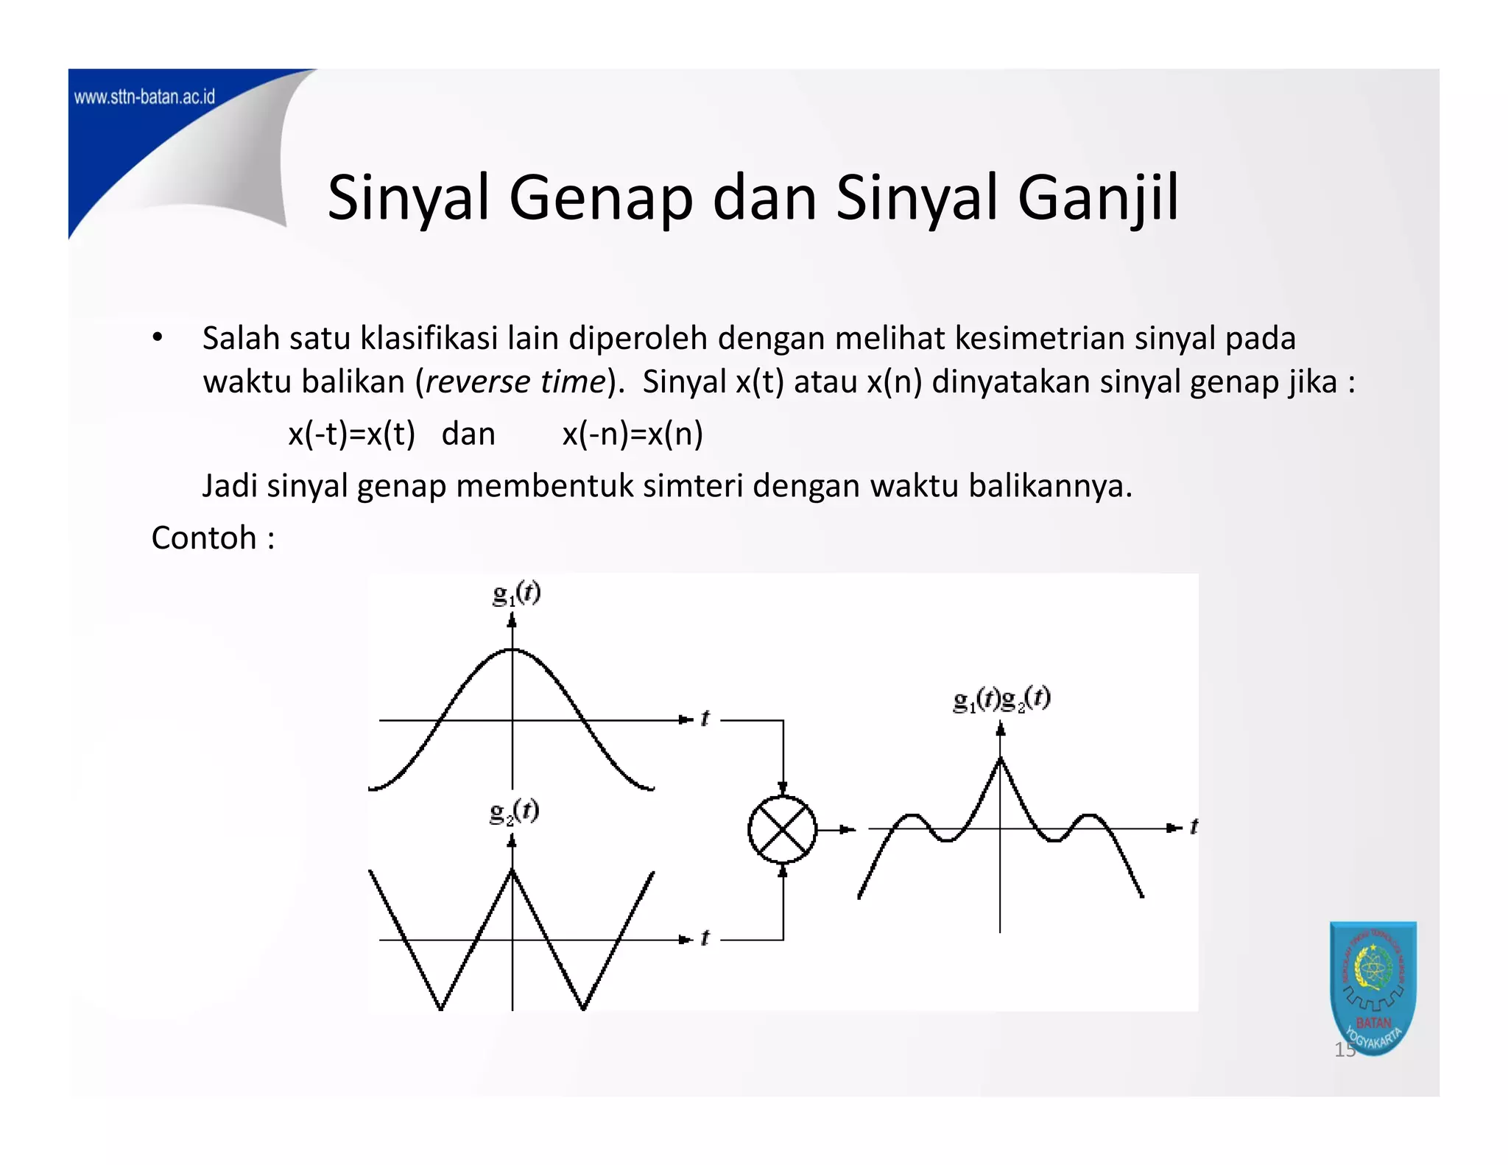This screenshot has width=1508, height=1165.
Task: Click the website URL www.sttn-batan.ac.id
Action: (144, 97)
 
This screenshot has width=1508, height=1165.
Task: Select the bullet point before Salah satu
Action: (157, 338)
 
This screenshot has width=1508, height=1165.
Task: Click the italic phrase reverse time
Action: (515, 381)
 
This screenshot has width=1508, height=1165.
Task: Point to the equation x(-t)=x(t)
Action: (351, 434)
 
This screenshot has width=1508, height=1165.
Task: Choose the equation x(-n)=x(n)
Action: (633, 434)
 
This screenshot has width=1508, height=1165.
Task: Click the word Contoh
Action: (204, 538)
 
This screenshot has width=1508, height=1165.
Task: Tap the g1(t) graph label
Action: (516, 593)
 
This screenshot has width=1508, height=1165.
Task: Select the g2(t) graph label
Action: (514, 811)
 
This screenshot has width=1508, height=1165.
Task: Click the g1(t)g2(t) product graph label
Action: (1001, 698)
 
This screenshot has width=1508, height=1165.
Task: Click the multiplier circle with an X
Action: (782, 829)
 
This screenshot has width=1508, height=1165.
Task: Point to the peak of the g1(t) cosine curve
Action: (512, 650)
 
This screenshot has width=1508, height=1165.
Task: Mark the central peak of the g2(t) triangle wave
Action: (512, 870)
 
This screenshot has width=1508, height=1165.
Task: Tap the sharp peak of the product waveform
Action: (1000, 759)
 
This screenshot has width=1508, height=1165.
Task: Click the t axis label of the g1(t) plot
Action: (705, 719)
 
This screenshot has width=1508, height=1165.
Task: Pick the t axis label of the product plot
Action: (1193, 827)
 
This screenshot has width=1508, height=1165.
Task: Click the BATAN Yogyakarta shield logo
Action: (1373, 987)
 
